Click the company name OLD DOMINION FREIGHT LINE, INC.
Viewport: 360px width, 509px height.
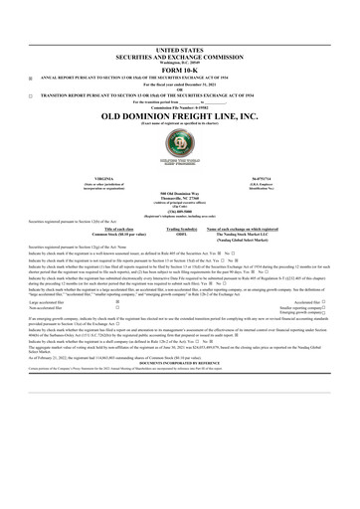point(179,117)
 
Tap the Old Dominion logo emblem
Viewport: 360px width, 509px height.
point(179,154)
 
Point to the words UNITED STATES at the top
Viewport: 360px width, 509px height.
point(179,48)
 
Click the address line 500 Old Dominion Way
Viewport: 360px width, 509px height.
point(179,193)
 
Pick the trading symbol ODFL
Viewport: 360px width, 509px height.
point(179,235)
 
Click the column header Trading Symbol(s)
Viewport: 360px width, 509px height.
point(179,229)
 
